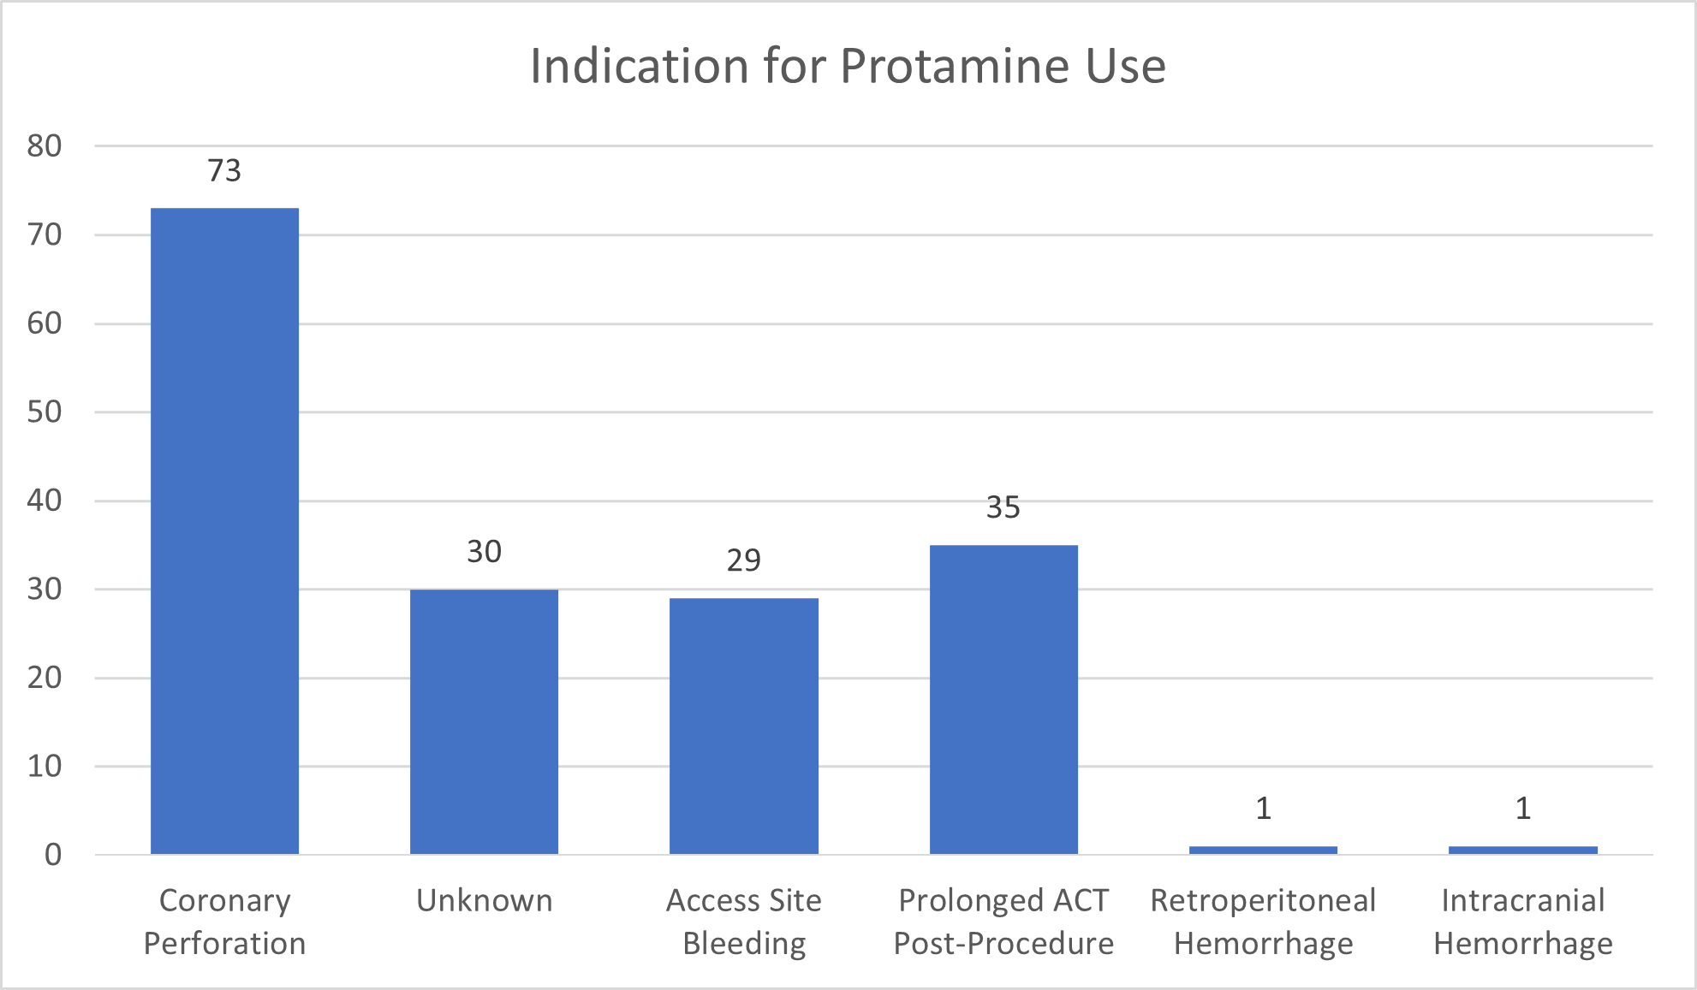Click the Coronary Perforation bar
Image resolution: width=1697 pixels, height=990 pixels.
tap(224, 531)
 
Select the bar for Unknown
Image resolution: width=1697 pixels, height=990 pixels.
tap(484, 721)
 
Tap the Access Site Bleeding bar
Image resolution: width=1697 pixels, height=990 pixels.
tap(743, 726)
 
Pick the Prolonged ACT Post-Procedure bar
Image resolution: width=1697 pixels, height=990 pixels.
tap(1003, 699)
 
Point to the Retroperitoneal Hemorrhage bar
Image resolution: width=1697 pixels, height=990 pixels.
tap(1263, 850)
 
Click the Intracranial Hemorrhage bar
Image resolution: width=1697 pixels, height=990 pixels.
tap(1522, 850)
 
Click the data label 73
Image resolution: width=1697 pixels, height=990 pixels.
tap(224, 170)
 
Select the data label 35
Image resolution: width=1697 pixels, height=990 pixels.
tap(1003, 507)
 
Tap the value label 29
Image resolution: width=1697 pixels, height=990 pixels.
tap(743, 560)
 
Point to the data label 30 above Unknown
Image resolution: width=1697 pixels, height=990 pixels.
tap(484, 552)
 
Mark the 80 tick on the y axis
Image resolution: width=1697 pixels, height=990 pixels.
tap(45, 146)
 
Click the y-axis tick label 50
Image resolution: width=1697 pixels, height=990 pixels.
tap(45, 412)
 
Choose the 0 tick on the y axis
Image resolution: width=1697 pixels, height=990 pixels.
tap(53, 855)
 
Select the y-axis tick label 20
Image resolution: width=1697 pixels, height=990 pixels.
tap(45, 678)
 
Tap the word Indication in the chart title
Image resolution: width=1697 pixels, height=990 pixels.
tap(639, 66)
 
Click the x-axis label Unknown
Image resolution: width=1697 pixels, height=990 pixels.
tap(484, 900)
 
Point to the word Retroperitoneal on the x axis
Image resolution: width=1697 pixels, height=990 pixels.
tap(1263, 900)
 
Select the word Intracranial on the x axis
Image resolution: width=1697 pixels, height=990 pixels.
tap(1522, 900)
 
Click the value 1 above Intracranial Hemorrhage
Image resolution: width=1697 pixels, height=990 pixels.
tap(1522, 808)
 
